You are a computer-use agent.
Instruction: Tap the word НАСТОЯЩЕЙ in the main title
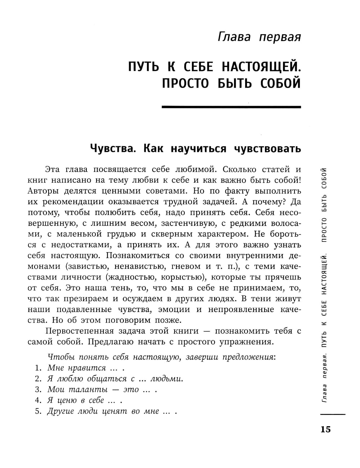[x=261, y=67]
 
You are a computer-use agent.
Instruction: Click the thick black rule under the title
[x=231, y=107]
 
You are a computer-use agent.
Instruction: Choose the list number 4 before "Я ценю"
[x=37, y=401]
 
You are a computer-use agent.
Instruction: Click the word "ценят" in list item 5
[x=117, y=411]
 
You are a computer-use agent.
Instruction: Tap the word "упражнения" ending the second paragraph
[x=246, y=342]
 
